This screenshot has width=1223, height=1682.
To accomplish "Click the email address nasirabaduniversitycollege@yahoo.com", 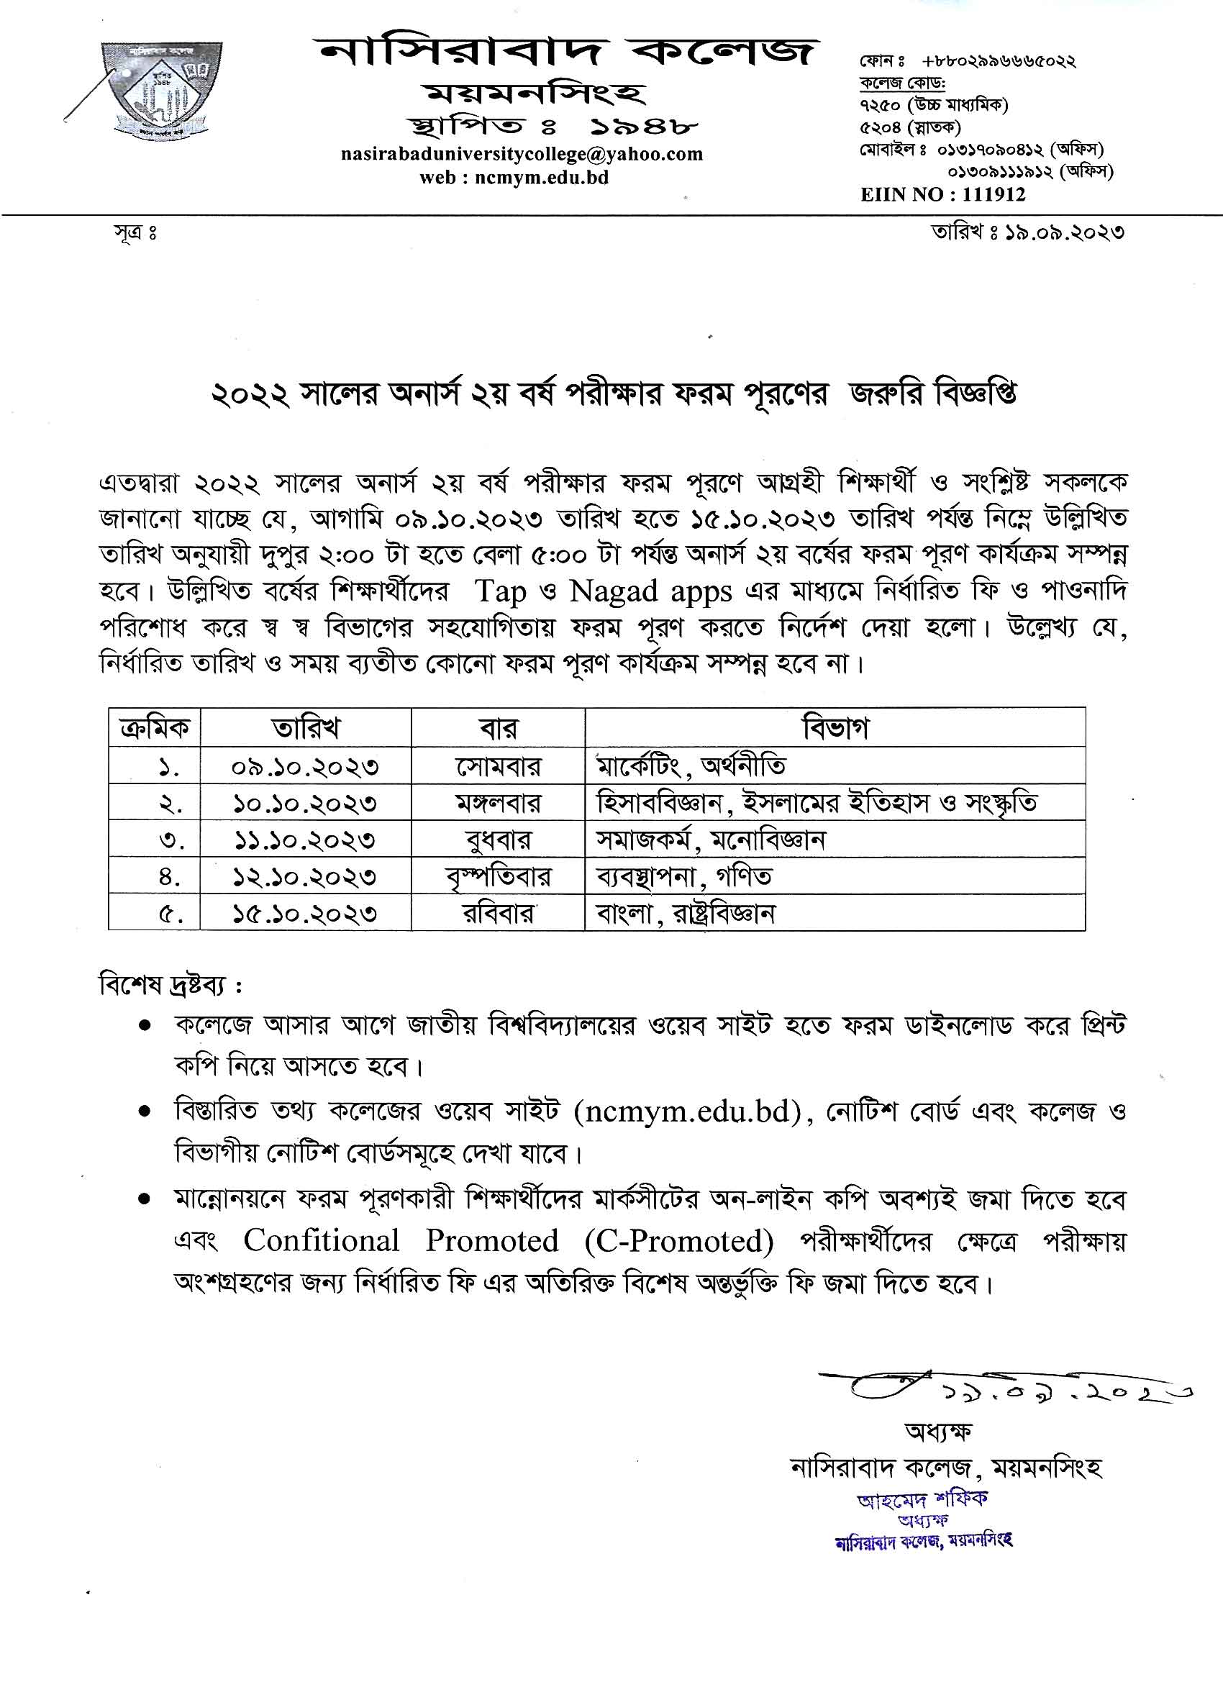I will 522,154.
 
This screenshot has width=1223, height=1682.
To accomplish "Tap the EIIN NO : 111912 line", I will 942,195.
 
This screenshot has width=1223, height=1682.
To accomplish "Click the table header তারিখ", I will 306,728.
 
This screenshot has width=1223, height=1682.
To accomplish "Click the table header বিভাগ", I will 835,728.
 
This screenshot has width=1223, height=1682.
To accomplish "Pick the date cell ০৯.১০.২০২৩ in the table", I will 305,766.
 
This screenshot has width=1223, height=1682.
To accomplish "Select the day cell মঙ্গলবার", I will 499,803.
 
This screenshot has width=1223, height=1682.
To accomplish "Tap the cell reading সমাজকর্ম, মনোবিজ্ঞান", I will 711,840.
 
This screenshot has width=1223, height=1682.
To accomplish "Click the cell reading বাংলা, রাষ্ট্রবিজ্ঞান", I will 686,914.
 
